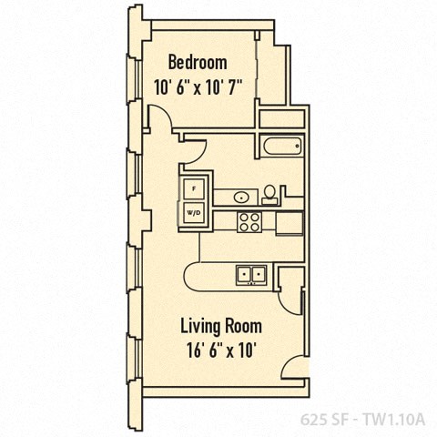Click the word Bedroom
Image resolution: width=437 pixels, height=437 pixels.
[197, 63]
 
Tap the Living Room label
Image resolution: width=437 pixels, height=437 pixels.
[220, 326]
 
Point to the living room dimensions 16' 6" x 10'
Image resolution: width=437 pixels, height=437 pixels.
[220, 351]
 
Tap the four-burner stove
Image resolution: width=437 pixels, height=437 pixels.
[249, 220]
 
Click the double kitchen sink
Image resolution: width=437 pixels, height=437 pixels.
[249, 272]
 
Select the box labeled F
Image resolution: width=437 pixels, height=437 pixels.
[194, 189]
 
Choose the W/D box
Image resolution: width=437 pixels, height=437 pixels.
[194, 213]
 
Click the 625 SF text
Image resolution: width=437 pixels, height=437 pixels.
[326, 421]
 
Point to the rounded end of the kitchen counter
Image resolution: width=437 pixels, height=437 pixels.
[191, 274]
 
